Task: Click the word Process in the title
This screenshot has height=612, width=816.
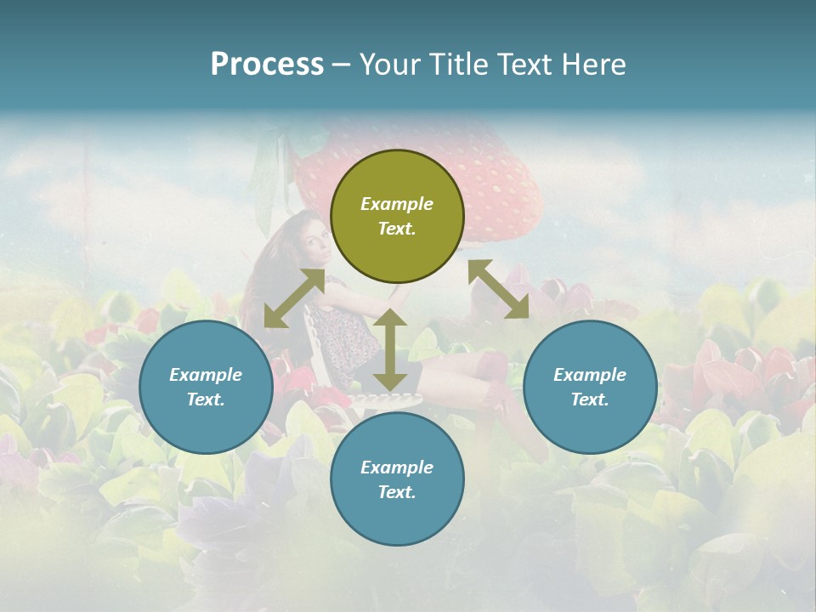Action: click(267, 65)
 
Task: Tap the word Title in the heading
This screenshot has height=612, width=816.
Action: click(455, 65)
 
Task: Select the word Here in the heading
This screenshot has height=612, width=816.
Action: click(592, 65)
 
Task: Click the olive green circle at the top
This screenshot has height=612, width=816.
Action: click(397, 217)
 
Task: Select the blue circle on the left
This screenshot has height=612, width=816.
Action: click(206, 388)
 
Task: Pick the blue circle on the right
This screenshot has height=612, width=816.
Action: click(590, 388)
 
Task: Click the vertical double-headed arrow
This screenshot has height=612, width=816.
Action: click(390, 349)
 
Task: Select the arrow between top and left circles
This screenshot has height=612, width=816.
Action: click(294, 298)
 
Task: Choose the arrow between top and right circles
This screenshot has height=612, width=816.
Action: click(499, 289)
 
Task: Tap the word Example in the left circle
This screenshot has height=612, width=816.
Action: click(206, 375)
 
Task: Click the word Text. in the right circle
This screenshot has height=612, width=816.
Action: click(590, 399)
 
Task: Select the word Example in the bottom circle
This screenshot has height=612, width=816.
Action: click(397, 467)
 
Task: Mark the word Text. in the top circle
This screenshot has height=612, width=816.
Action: click(397, 229)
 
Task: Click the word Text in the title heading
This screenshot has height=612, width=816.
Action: click(521, 65)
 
